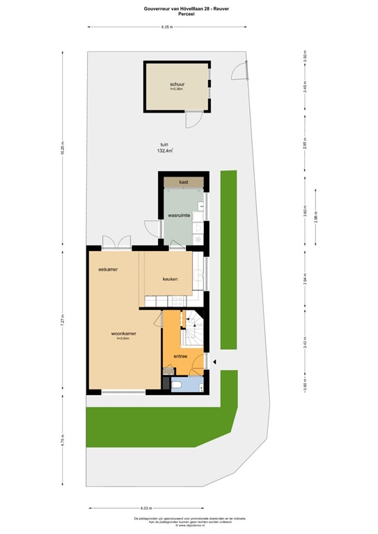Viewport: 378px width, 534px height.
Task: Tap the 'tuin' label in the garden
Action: click(164, 144)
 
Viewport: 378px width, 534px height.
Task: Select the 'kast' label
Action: click(184, 181)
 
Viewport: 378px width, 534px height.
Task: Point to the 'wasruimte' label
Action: click(179, 216)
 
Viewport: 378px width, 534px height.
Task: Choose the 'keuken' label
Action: click(171, 279)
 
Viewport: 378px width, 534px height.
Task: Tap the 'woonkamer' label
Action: click(123, 334)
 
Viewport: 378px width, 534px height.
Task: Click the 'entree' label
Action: click(181, 357)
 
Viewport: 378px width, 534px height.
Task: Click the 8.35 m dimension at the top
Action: click(166, 27)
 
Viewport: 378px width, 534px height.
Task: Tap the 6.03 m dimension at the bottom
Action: click(145, 509)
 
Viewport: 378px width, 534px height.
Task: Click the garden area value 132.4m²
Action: click(165, 151)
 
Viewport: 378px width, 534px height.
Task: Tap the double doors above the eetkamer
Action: click(116, 241)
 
